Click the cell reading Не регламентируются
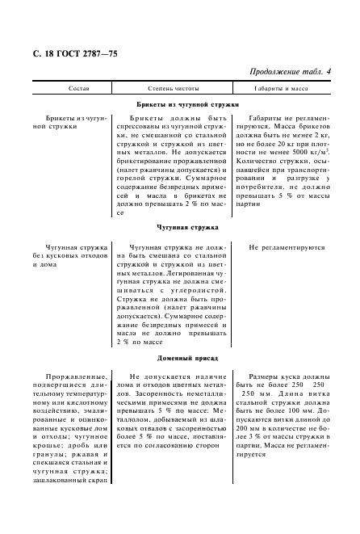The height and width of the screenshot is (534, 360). tap(287, 249)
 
